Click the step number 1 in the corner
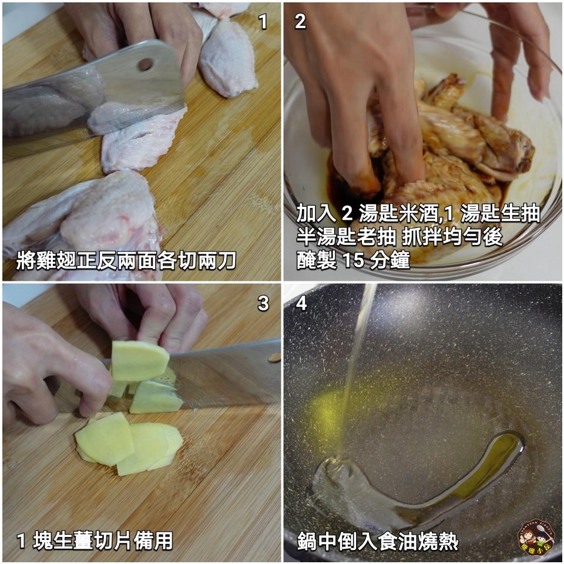pos(263,22)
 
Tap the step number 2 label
pos(300,22)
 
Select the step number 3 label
pos(263,303)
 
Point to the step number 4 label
pos(301,303)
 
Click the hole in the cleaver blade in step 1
pos(145,64)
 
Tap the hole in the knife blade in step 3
pos(274,357)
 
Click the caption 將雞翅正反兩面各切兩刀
pos(126,260)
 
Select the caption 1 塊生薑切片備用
pos(95,540)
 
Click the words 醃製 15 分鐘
pos(352,260)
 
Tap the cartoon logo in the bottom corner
pos(535,538)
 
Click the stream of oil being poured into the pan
pos(355,364)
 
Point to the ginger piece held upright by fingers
pos(140,361)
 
